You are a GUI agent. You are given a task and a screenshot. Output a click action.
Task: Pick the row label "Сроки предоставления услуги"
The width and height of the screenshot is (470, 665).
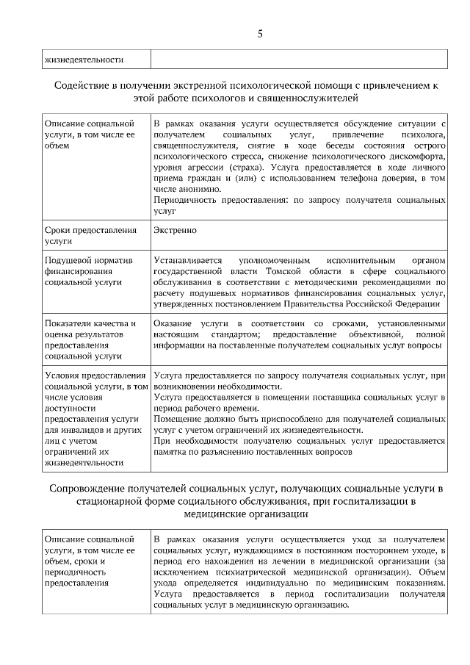pos(90,235)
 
